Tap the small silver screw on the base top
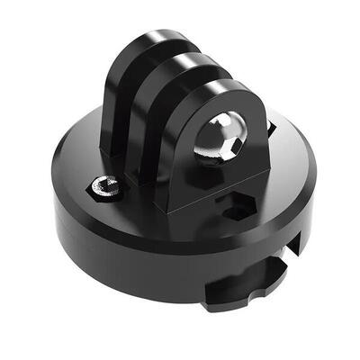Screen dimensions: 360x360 pyautogui.click(x=107, y=187)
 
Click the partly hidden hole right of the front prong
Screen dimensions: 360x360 pyautogui.click(x=271, y=130)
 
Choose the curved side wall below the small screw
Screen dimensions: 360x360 pyautogui.click(x=108, y=238)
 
